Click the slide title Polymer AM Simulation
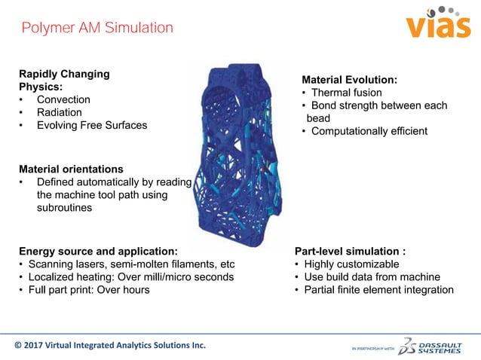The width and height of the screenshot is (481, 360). click(x=97, y=29)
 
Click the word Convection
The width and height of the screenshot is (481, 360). click(x=63, y=99)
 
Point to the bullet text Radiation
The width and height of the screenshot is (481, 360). click(x=60, y=112)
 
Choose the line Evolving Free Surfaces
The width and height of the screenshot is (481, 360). click(x=92, y=125)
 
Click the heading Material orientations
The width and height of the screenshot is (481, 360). click(x=71, y=169)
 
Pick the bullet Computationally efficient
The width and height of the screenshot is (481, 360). click(x=369, y=131)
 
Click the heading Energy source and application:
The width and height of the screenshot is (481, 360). click(x=98, y=251)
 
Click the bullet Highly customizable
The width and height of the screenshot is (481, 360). click(x=351, y=264)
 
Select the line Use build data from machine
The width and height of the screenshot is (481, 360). click(x=366, y=276)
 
